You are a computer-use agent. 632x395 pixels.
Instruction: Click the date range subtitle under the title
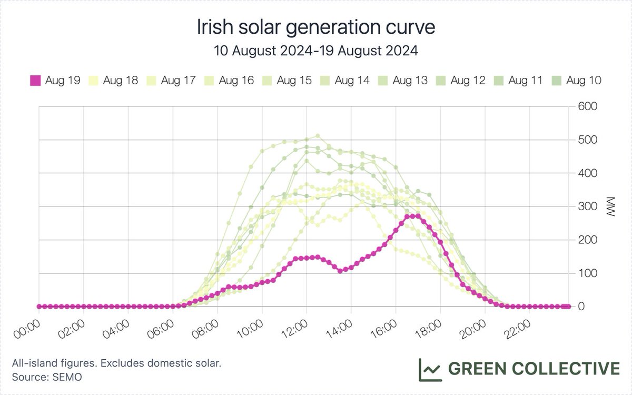[315, 51]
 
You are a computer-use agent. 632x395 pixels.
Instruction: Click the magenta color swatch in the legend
[35, 81]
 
